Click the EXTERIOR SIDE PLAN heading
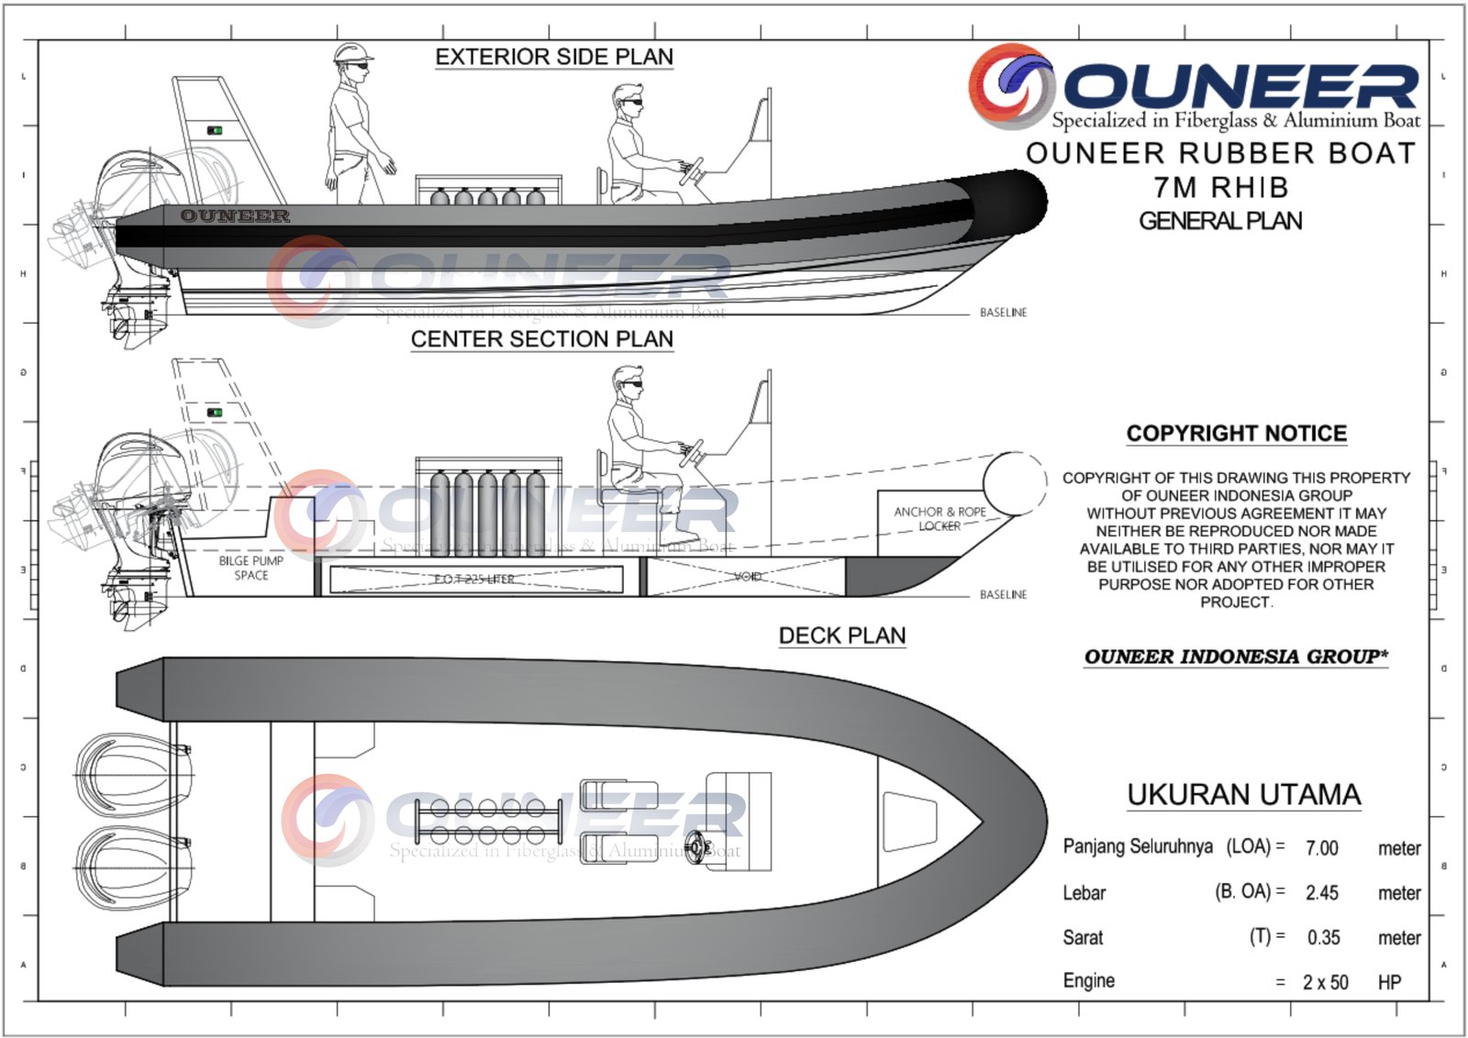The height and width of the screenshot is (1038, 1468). tap(553, 57)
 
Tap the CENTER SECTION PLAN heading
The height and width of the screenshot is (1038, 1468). tap(541, 339)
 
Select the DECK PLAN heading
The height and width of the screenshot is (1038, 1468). tap(841, 635)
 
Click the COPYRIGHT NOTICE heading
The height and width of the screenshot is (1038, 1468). tap(1236, 434)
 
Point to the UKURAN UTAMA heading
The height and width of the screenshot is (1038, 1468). tap(1243, 794)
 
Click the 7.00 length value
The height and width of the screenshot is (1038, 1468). tap(1321, 848)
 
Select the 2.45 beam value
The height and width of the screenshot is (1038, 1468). tap(1321, 893)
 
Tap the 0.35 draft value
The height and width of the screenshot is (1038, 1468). tap(1323, 938)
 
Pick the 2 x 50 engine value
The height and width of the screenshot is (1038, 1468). tap(1325, 982)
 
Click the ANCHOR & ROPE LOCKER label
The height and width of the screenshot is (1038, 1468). tap(940, 519)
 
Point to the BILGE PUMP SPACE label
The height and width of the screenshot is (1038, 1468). tap(250, 568)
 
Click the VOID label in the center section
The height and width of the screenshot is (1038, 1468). tap(748, 577)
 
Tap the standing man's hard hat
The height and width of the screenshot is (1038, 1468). tap(352, 52)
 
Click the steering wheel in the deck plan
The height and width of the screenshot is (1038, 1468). tap(699, 845)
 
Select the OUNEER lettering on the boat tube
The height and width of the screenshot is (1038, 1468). tap(235, 215)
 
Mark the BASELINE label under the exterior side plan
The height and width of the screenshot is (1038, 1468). tap(1003, 313)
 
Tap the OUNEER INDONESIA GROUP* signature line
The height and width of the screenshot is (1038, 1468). tap(1235, 657)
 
